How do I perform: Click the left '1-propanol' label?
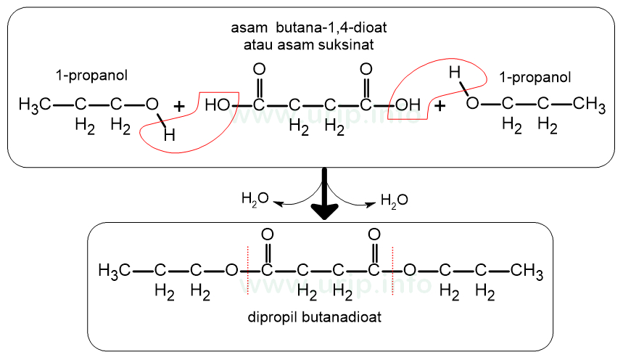pos(89,75)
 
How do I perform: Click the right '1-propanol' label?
pos(535,77)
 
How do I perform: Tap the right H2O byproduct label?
pos(394,199)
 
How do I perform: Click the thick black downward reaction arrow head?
pos(325,211)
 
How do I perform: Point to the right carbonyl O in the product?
pos(374,234)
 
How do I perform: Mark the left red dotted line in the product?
pos(247,271)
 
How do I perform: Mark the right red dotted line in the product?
pos(393,271)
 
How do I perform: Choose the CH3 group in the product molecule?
pos(527,271)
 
